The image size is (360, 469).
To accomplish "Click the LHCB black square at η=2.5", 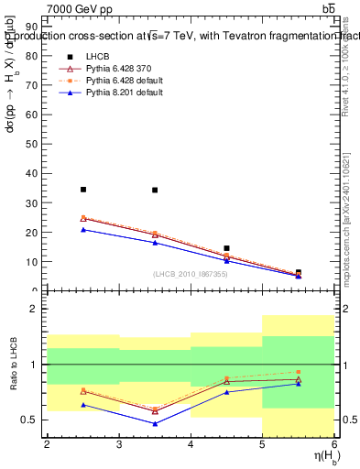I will click(x=83, y=190).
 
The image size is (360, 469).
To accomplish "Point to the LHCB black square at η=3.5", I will click(x=155, y=191).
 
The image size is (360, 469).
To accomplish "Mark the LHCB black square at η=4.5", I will click(x=226, y=248).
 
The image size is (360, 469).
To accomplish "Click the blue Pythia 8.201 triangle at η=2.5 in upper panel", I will click(x=83, y=229).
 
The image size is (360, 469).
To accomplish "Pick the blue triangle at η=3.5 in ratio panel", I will click(x=155, y=424).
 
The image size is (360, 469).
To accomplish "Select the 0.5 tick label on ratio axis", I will click(x=31, y=420).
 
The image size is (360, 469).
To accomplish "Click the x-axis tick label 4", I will click(x=191, y=444).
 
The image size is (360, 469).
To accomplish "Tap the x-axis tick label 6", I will click(x=333, y=444).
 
